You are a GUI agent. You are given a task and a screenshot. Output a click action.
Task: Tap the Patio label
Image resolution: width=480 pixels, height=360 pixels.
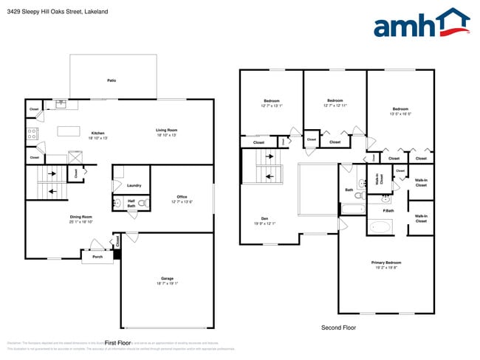click(112, 80)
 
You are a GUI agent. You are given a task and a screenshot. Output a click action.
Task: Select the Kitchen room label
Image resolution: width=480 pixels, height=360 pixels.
click(98, 133)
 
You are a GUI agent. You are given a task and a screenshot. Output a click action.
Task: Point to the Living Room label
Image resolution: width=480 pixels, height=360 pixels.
click(167, 131)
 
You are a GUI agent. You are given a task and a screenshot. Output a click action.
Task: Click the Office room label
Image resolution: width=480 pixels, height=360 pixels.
click(182, 197)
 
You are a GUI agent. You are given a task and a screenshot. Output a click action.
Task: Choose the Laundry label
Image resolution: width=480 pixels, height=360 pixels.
click(134, 185)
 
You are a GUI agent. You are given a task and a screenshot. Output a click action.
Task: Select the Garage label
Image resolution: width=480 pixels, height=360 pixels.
click(167, 278)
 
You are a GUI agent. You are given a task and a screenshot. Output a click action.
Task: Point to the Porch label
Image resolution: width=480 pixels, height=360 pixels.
click(97, 257)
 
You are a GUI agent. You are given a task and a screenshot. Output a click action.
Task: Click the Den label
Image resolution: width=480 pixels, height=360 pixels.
click(264, 218)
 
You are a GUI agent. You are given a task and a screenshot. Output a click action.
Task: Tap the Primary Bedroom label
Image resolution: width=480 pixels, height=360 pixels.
click(386, 263)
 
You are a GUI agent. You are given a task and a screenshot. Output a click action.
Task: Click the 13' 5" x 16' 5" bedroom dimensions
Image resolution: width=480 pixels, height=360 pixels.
click(400, 114)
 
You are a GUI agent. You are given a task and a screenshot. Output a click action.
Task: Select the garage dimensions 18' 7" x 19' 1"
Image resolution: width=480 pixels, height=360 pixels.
click(167, 283)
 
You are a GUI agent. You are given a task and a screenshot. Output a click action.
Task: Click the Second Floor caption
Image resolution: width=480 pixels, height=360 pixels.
click(337, 327)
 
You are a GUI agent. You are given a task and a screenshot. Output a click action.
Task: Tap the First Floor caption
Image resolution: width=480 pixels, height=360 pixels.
click(117, 343)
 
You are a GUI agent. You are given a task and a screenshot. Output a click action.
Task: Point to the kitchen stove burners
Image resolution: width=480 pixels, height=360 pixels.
click(32, 134)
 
